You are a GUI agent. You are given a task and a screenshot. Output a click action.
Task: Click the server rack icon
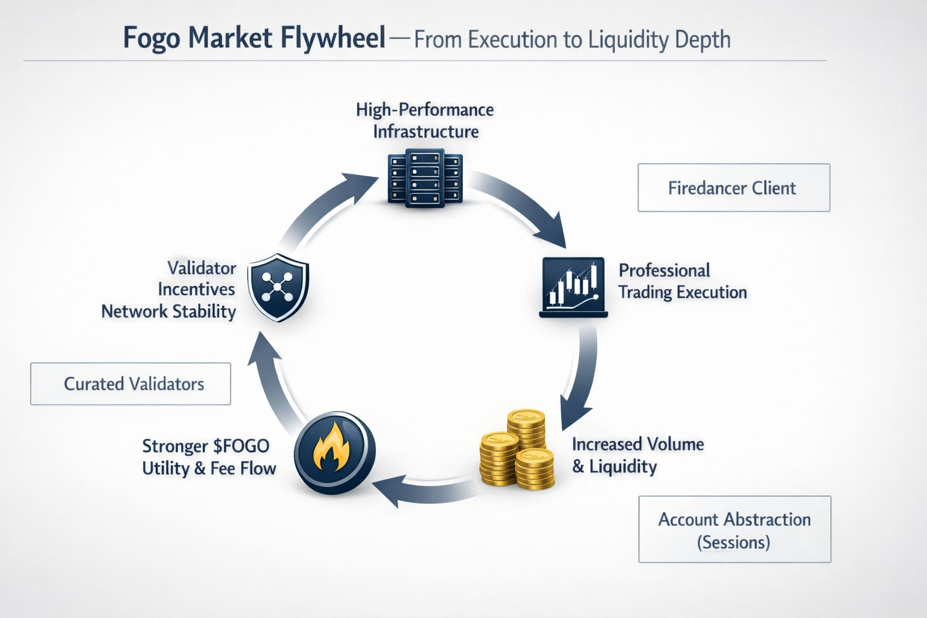[x=424, y=179]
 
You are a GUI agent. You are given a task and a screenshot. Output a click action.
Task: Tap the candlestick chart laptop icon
[x=573, y=287]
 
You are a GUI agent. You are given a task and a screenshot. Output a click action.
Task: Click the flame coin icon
[x=334, y=453]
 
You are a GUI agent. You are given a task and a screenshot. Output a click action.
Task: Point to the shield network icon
[x=278, y=287]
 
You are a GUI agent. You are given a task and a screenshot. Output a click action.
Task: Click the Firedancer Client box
[x=733, y=188]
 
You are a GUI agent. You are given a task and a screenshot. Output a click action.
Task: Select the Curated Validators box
[x=130, y=384]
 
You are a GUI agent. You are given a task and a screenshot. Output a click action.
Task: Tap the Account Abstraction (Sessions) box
[x=734, y=529]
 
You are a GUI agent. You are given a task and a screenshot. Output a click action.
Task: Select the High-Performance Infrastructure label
[x=425, y=120]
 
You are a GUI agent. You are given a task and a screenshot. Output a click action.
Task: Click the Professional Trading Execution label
[x=682, y=281]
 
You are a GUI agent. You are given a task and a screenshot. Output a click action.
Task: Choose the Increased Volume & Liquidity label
[x=637, y=455]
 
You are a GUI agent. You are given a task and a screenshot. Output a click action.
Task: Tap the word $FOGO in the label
[x=241, y=447]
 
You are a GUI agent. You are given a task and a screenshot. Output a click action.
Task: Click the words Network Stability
[x=168, y=311]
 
